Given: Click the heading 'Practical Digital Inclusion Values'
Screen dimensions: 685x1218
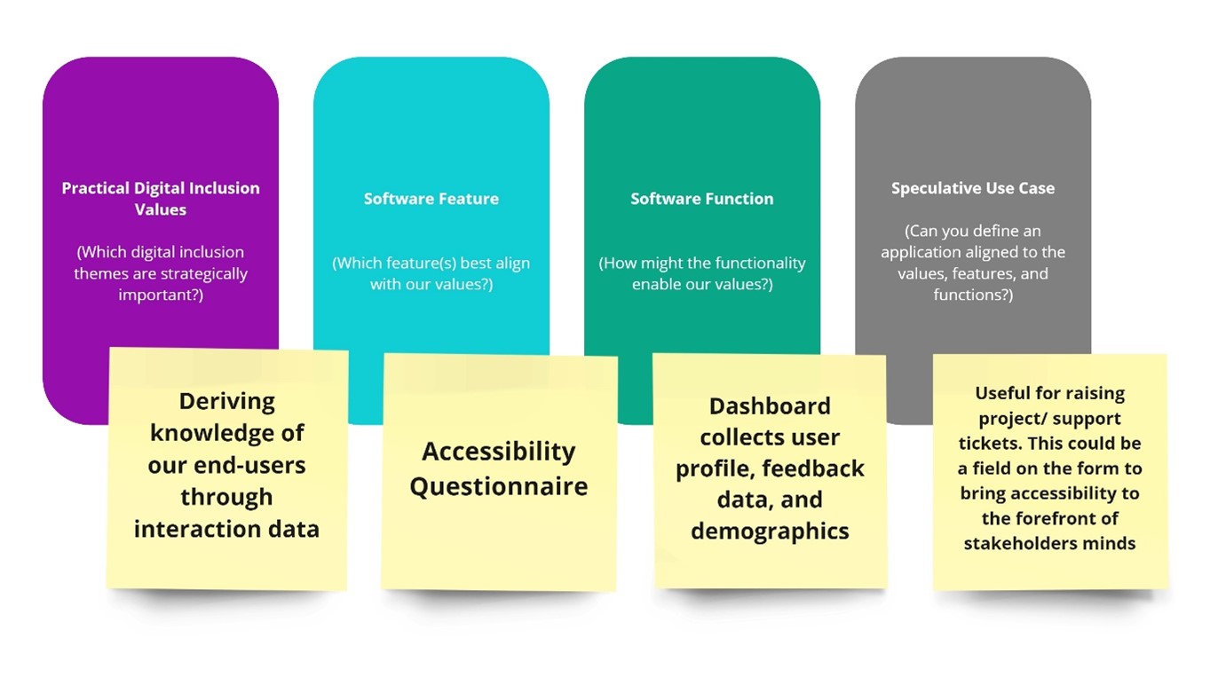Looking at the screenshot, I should (x=161, y=199).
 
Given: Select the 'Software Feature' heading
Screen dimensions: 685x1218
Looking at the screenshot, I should (x=431, y=199).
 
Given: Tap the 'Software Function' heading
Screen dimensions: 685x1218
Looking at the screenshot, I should (x=701, y=199).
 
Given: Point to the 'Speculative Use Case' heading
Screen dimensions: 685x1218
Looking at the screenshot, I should (x=973, y=188).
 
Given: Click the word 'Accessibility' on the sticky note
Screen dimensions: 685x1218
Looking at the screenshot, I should (x=499, y=452).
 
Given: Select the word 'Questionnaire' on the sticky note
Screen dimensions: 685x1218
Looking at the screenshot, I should (x=499, y=486).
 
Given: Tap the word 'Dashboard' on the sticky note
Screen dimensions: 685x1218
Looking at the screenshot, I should (x=770, y=406).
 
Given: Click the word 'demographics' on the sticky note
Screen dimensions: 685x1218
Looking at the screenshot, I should (x=770, y=531).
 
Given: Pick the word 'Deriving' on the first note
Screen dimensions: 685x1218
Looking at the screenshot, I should (x=226, y=401).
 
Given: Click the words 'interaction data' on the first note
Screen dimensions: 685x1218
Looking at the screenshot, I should (x=226, y=529).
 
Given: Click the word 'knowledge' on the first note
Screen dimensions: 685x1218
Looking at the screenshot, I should (x=226, y=433).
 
